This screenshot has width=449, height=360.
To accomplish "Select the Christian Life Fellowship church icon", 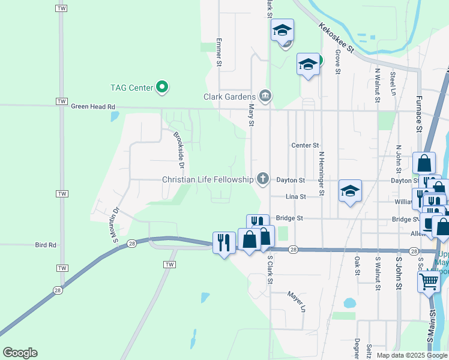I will point(262,179).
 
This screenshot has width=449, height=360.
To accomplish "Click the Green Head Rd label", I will point(92,107).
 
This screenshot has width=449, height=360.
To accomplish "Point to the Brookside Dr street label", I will point(178,149).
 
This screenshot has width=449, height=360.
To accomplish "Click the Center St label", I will point(305,145).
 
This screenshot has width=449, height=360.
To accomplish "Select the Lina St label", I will point(296,196).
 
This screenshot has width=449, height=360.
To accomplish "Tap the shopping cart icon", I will point(429,281).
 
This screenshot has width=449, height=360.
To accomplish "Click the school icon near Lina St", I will point(350,191).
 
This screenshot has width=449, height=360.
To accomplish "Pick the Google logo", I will point(20,353).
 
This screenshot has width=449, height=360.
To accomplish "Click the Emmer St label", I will point(219,52).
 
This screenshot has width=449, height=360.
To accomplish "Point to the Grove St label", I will point(338,62).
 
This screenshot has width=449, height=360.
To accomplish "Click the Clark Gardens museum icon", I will point(265,96).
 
